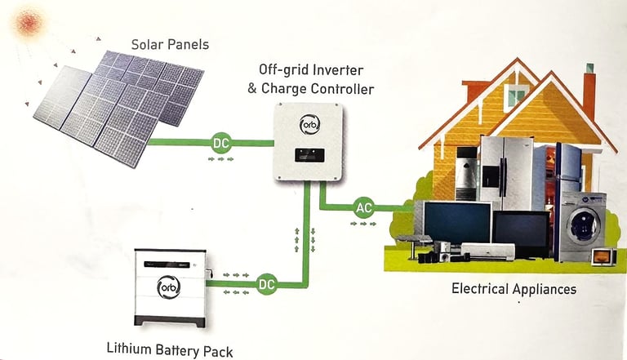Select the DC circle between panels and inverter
click(x=221, y=142)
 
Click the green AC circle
click(x=364, y=207)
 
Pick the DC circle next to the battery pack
click(x=266, y=285)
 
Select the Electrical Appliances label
click(x=514, y=289)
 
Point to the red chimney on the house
click(x=589, y=95)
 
